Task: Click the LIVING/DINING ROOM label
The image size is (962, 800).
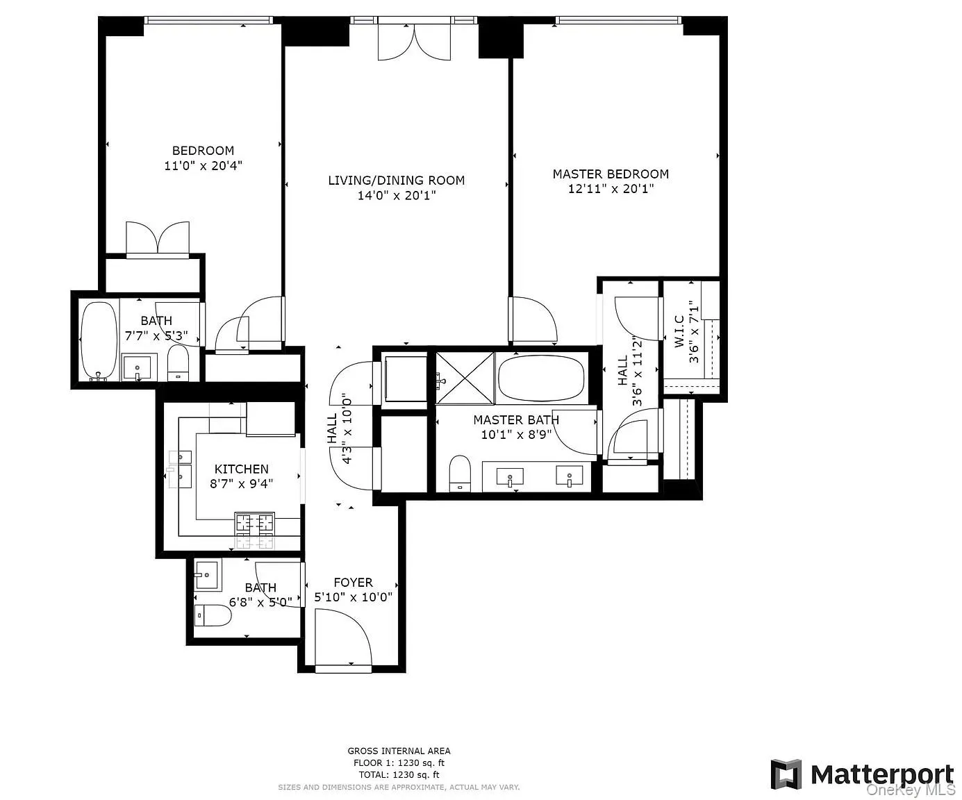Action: (x=396, y=181)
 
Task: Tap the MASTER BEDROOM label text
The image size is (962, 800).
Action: (x=611, y=174)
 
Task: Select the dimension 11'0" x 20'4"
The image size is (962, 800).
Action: (x=203, y=166)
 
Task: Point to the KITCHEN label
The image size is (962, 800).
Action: (x=241, y=469)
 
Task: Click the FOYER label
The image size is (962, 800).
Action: (x=353, y=583)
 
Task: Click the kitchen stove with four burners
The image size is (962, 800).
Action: (x=255, y=530)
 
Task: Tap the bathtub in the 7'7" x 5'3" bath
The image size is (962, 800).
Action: (x=99, y=340)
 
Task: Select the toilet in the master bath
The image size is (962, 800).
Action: (x=460, y=474)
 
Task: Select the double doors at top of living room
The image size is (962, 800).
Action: (x=414, y=42)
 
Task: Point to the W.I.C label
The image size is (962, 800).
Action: (x=679, y=331)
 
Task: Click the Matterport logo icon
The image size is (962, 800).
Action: (x=786, y=774)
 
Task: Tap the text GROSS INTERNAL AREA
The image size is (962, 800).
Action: (x=399, y=751)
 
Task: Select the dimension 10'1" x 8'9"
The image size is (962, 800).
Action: (x=516, y=435)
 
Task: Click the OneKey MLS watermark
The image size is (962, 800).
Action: (x=910, y=790)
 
